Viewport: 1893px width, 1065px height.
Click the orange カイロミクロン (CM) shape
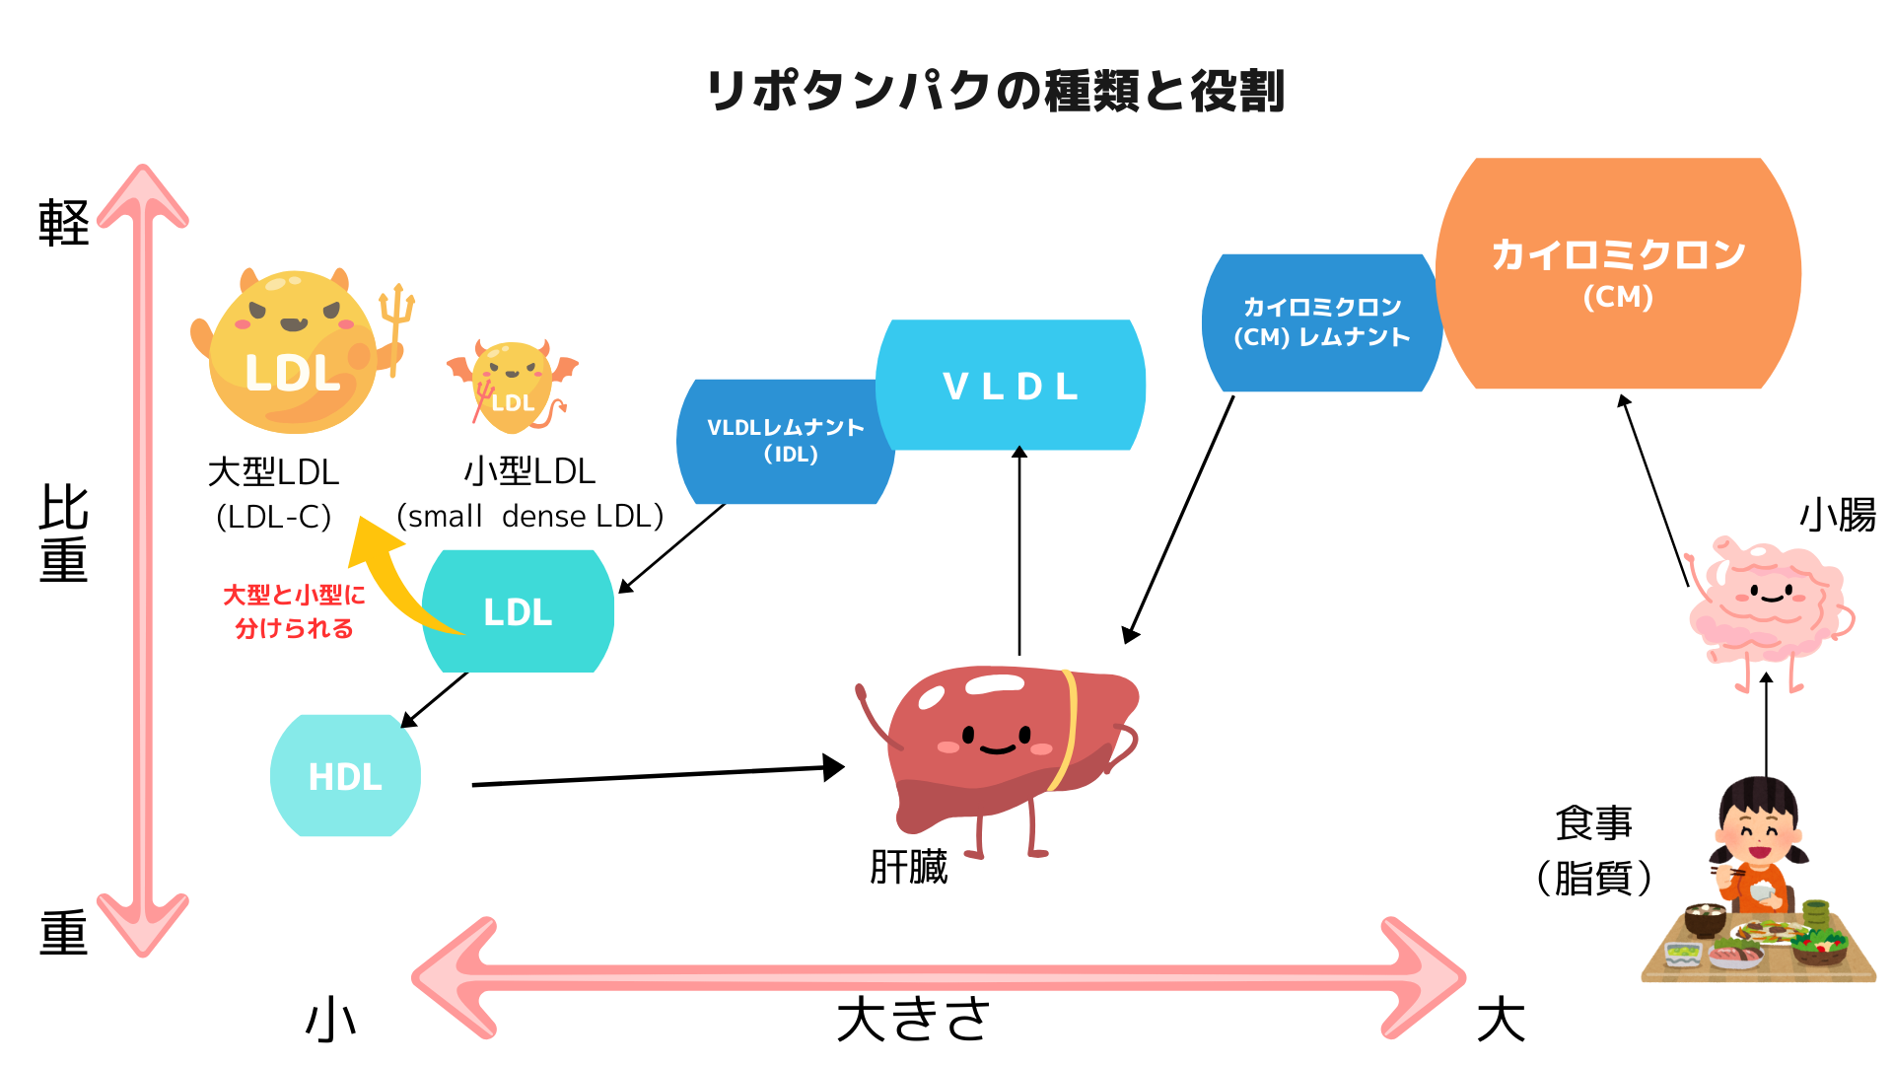click(1617, 274)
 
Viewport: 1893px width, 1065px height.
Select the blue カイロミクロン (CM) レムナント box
click(1321, 322)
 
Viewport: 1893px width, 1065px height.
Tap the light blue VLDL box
click(1011, 386)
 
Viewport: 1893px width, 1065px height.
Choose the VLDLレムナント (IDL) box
click(785, 441)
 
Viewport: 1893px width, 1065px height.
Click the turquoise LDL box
click(518, 611)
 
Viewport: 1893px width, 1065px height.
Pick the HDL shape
click(345, 776)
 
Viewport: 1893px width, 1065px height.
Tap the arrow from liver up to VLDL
click(1019, 552)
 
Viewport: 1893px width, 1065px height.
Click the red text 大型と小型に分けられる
click(294, 611)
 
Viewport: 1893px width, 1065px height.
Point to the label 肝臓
click(908, 868)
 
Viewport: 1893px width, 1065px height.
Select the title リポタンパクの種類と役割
click(996, 91)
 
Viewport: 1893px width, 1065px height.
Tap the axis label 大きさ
click(913, 1019)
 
